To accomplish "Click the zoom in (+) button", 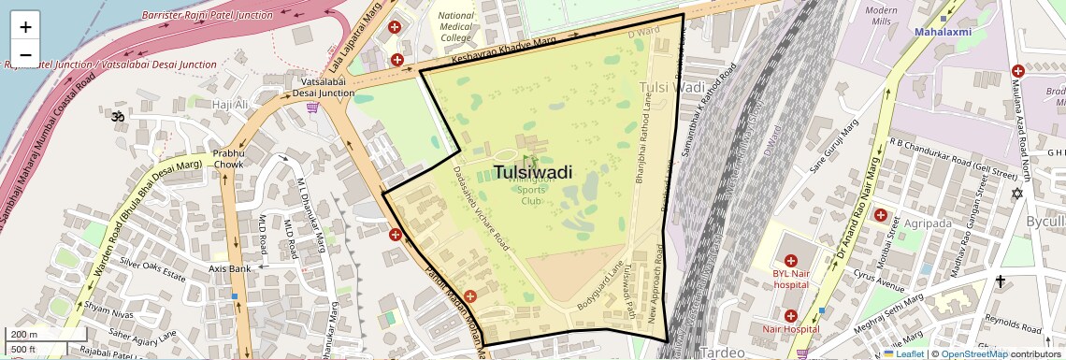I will point(25,26).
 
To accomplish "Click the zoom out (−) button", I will point(25,54).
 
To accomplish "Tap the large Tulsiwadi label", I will point(532,172).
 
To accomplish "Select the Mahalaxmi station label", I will point(944,32).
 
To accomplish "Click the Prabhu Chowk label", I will point(228,158).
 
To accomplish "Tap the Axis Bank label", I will point(229,268).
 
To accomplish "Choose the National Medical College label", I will point(455,27).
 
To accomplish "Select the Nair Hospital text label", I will point(790,329).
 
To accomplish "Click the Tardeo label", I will point(722,353).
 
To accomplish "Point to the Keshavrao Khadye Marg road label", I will point(503,51).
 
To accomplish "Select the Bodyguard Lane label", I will point(599,286).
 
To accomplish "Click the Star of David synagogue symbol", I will point(1018,194).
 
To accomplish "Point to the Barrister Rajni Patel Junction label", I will point(208,15).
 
